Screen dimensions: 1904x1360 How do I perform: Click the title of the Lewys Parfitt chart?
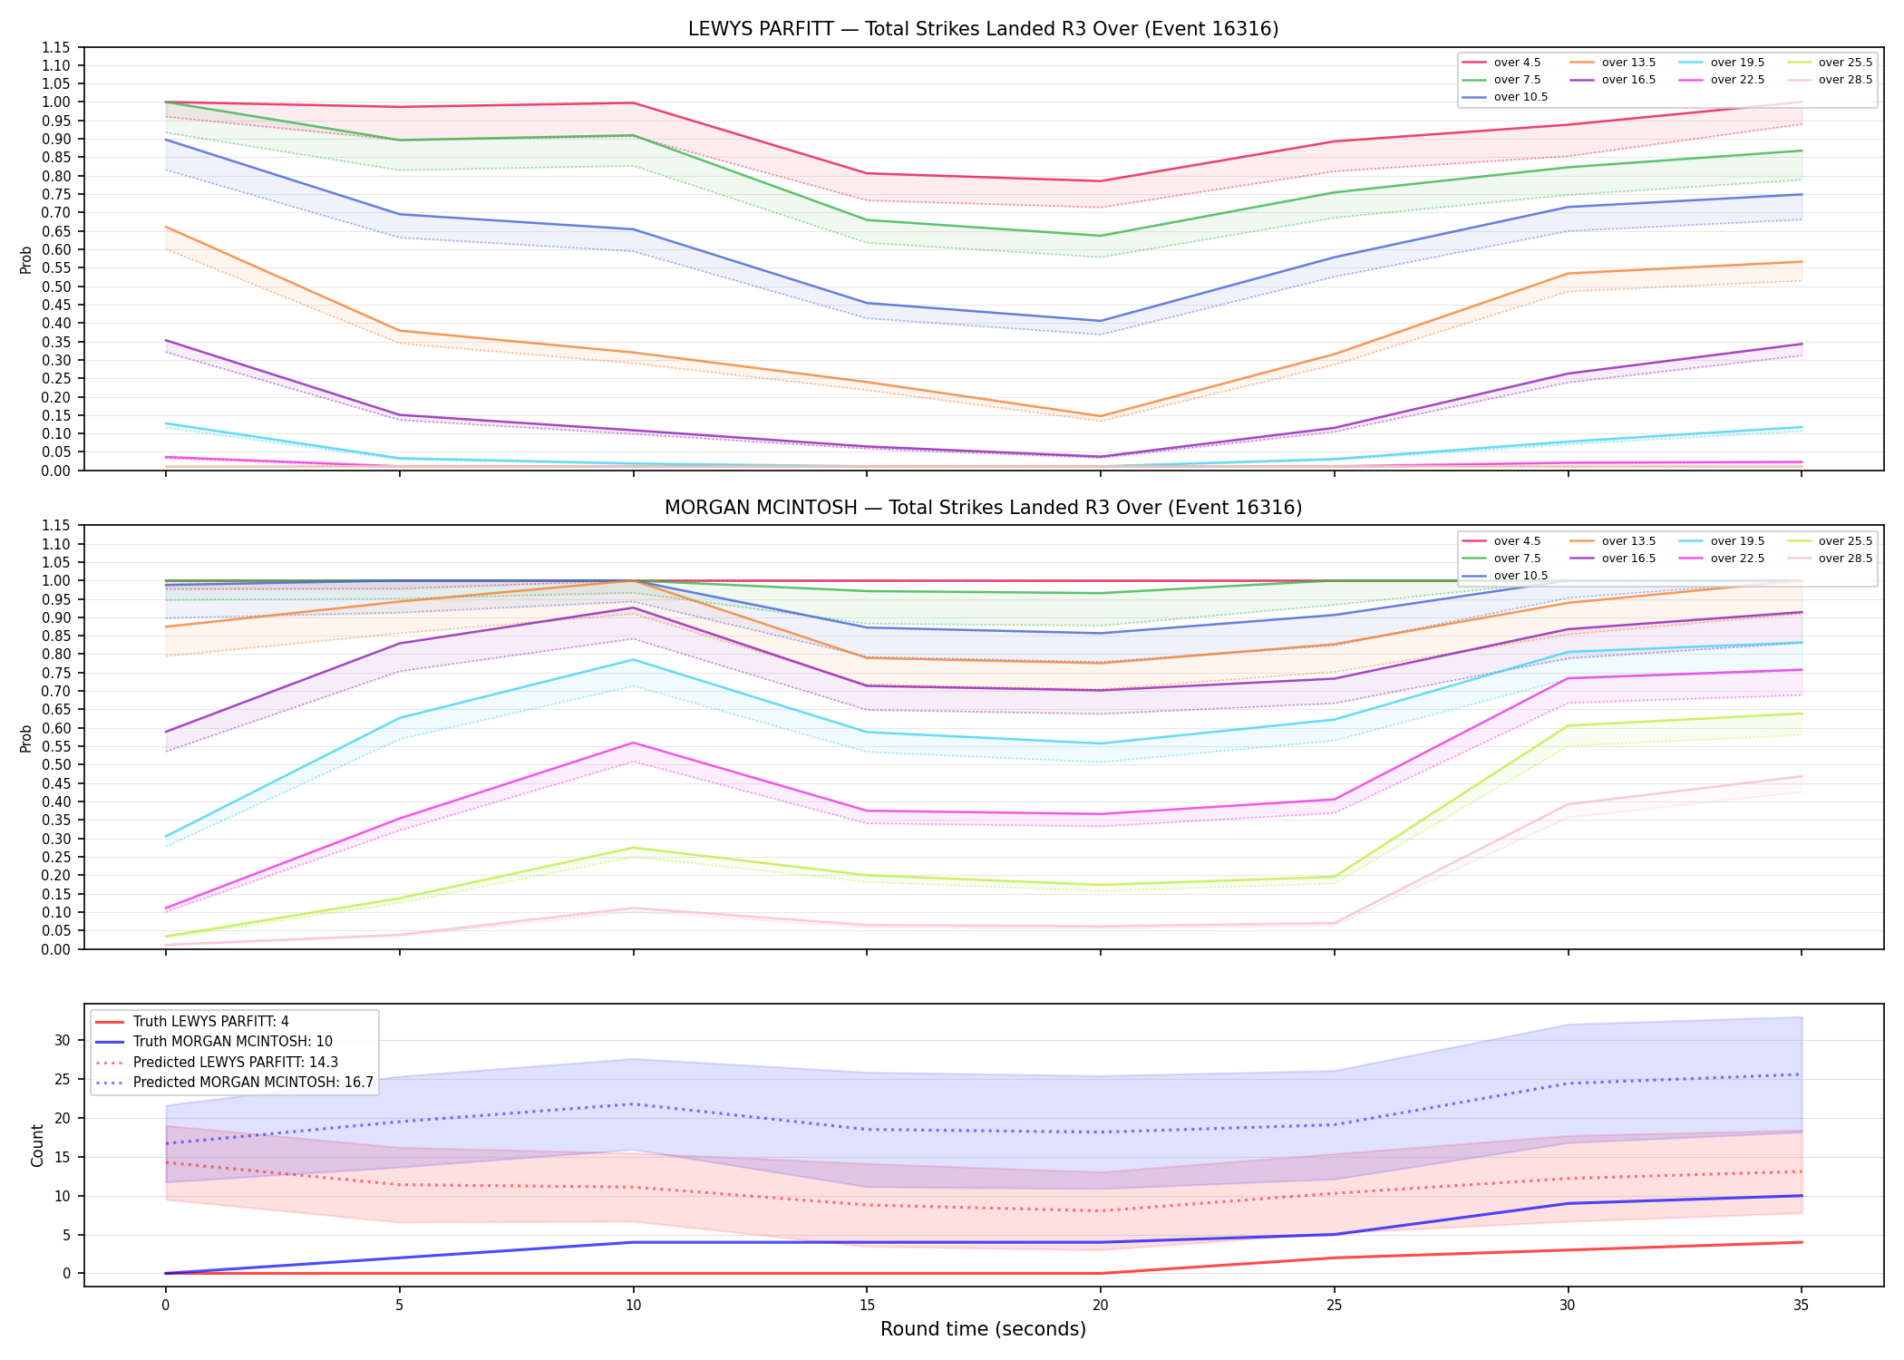click(983, 29)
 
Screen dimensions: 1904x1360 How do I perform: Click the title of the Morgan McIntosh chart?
click(983, 508)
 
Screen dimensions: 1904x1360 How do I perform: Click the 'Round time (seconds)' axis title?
click(983, 1329)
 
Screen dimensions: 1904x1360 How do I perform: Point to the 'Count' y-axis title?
click(37, 1145)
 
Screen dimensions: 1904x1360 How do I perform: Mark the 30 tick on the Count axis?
click(62, 1040)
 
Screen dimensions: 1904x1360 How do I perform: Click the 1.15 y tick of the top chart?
click(56, 47)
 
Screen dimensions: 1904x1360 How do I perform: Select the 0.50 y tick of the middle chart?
click(56, 765)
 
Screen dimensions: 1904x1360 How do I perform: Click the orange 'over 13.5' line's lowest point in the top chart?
click(1101, 416)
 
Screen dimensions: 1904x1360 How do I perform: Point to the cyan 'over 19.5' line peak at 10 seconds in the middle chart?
click(633, 659)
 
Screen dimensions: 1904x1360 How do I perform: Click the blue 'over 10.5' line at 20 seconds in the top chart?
click(1101, 321)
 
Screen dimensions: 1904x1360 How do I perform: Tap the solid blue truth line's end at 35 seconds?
click(1802, 1196)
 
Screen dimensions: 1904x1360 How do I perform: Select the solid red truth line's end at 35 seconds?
click(1802, 1242)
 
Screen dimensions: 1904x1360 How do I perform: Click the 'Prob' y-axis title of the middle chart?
click(26, 738)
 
